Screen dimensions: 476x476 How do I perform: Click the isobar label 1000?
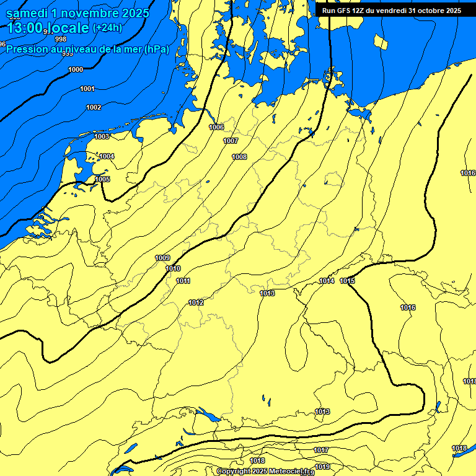(76, 69)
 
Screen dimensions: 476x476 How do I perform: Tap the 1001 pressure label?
(87, 89)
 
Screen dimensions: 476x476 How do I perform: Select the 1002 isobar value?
(94, 107)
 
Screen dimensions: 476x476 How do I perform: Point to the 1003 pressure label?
(102, 136)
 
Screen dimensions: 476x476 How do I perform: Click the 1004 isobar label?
(107, 156)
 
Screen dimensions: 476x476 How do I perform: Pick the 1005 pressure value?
(102, 179)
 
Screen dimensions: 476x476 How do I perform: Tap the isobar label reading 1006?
(216, 127)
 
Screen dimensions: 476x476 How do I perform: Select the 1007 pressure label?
(231, 141)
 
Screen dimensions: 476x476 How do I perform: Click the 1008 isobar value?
(239, 157)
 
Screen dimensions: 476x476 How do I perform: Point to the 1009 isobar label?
(162, 258)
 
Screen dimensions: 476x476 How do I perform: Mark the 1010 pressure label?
(174, 268)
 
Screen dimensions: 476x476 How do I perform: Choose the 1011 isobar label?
(183, 281)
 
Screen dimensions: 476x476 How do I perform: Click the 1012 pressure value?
(196, 302)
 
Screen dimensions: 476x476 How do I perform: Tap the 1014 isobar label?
(327, 281)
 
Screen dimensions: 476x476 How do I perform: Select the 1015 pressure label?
(347, 281)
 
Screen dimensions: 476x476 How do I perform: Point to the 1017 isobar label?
(321, 450)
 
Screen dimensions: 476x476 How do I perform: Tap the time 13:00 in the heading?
(25, 28)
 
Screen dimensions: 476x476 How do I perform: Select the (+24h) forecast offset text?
(107, 28)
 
